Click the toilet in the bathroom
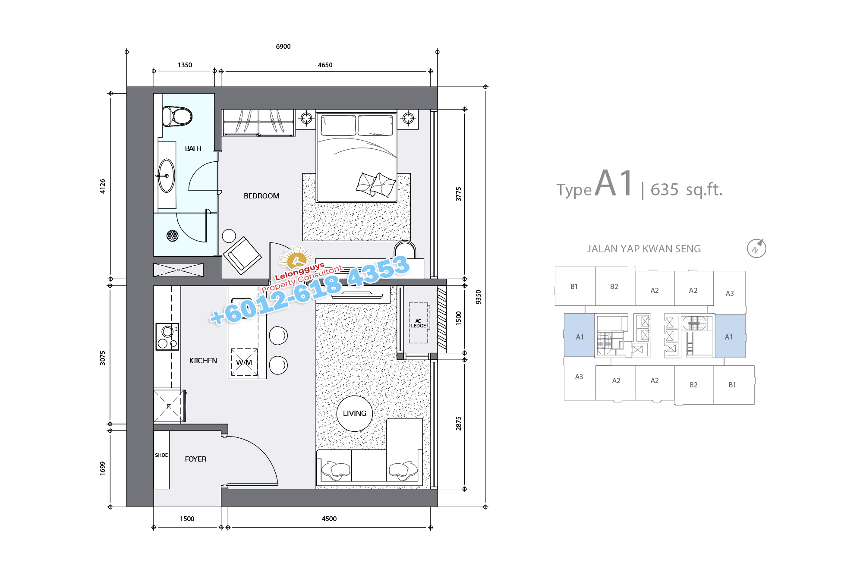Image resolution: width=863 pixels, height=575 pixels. [x=177, y=116]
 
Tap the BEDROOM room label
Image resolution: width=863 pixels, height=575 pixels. [x=261, y=196]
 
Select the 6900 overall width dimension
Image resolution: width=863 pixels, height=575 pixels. [x=283, y=46]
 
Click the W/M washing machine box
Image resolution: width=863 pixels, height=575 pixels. [x=244, y=362]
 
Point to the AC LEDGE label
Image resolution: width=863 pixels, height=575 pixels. [x=418, y=323]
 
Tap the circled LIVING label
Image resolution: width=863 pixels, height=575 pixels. [x=355, y=413]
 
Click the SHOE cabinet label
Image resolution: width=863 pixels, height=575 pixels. [x=161, y=455]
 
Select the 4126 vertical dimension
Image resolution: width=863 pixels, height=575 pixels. [x=102, y=186]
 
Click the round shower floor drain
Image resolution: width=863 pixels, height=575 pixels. [x=172, y=236]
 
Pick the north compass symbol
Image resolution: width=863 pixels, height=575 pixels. [x=756, y=248]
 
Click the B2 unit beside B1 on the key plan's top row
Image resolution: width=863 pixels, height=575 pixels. [x=614, y=286]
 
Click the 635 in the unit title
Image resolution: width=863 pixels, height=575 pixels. [x=665, y=189]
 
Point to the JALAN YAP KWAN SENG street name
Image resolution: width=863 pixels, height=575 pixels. [x=643, y=249]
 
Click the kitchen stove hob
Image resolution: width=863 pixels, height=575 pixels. [x=167, y=336]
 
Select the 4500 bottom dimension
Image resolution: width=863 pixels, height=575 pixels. [x=329, y=518]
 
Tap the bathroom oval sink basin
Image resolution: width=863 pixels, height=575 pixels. [x=167, y=176]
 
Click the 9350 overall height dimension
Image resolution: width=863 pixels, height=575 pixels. [x=478, y=297]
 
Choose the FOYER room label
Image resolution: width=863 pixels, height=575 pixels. [x=195, y=459]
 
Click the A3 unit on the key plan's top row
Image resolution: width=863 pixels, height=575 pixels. [x=730, y=293]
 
